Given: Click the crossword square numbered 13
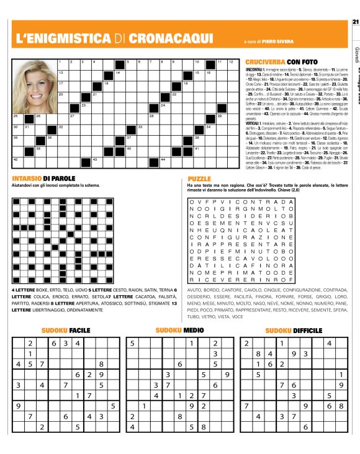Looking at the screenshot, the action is click(62, 74).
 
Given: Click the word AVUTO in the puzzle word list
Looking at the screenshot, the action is click(196, 290).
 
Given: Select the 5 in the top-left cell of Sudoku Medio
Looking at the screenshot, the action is click(132, 343).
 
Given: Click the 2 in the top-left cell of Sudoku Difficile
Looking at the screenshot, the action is click(247, 343).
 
